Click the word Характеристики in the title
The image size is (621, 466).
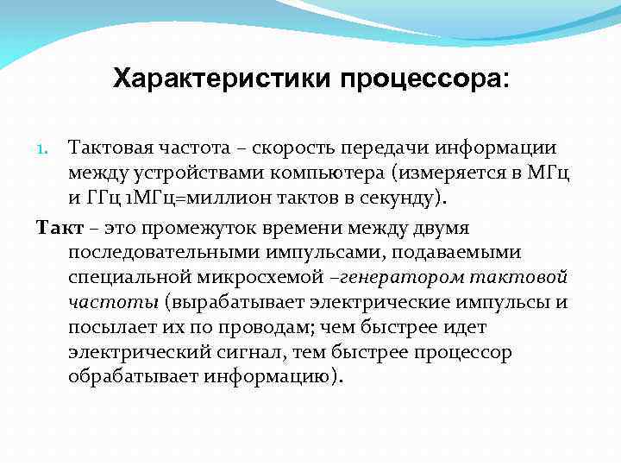pyautogui.click(x=221, y=80)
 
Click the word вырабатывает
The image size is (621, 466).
pyautogui.click(x=235, y=303)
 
